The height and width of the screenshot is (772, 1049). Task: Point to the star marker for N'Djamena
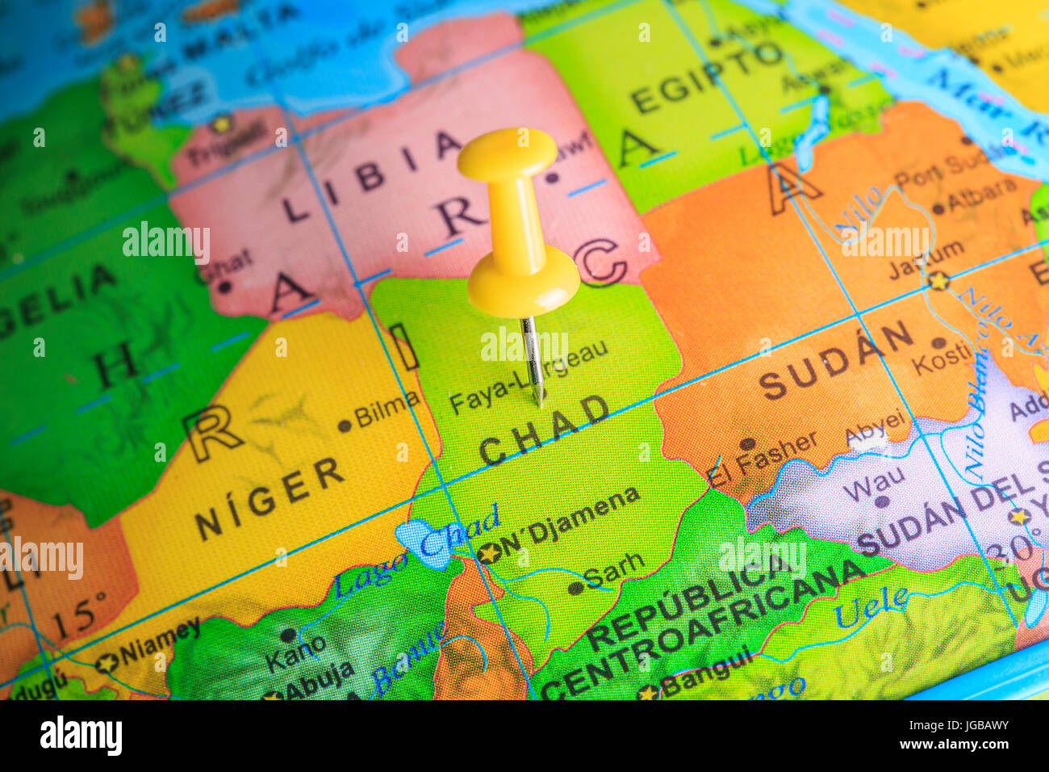[x=488, y=553]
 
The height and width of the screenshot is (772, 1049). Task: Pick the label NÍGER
[x=270, y=498]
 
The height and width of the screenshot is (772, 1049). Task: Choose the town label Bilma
[x=387, y=411]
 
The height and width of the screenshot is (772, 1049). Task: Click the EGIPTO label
[x=705, y=78]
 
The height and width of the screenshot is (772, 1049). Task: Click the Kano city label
[x=295, y=653]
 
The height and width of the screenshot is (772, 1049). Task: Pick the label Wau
[x=875, y=483]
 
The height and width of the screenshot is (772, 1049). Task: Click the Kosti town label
[x=942, y=356]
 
